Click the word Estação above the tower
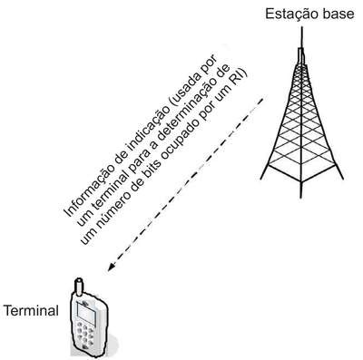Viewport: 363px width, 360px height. click(x=291, y=14)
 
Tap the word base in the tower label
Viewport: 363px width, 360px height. click(x=338, y=14)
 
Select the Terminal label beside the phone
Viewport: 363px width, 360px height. click(x=31, y=310)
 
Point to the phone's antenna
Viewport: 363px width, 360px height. click(x=79, y=287)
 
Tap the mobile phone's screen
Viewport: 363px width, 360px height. click(x=86, y=312)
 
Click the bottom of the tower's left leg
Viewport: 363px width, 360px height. click(x=261, y=179)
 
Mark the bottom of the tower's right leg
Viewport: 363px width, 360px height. click(x=342, y=178)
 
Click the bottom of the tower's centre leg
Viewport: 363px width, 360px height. click(x=300, y=197)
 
